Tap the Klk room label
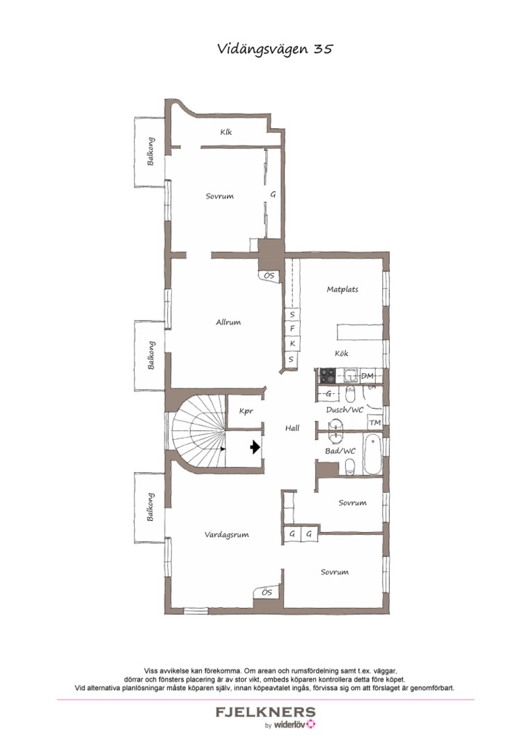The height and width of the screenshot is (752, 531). coord(226,132)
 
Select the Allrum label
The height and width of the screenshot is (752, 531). coord(228,322)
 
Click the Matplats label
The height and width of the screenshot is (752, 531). coord(342,290)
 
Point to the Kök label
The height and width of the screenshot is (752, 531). coord(342,354)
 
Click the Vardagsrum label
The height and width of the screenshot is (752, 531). coord(226,535)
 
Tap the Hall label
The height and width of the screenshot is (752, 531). coord(292,428)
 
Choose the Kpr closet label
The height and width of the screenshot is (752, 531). coord(246,412)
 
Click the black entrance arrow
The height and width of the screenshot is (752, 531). coord(255,447)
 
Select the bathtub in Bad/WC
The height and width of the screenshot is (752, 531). coord(374,455)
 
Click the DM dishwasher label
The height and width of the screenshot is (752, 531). coord(368,377)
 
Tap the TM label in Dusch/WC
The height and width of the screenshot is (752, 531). coord(374,423)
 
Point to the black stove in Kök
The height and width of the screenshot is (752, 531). coord(326,377)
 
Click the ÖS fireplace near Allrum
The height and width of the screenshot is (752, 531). coord(269,276)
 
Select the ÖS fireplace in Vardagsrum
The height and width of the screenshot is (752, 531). coord(266,593)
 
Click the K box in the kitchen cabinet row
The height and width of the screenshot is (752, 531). coord(292,344)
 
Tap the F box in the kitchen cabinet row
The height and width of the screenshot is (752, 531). coord(292,329)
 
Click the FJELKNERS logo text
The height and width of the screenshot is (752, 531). coord(265,712)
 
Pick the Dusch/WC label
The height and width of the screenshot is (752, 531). coord(345,410)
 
